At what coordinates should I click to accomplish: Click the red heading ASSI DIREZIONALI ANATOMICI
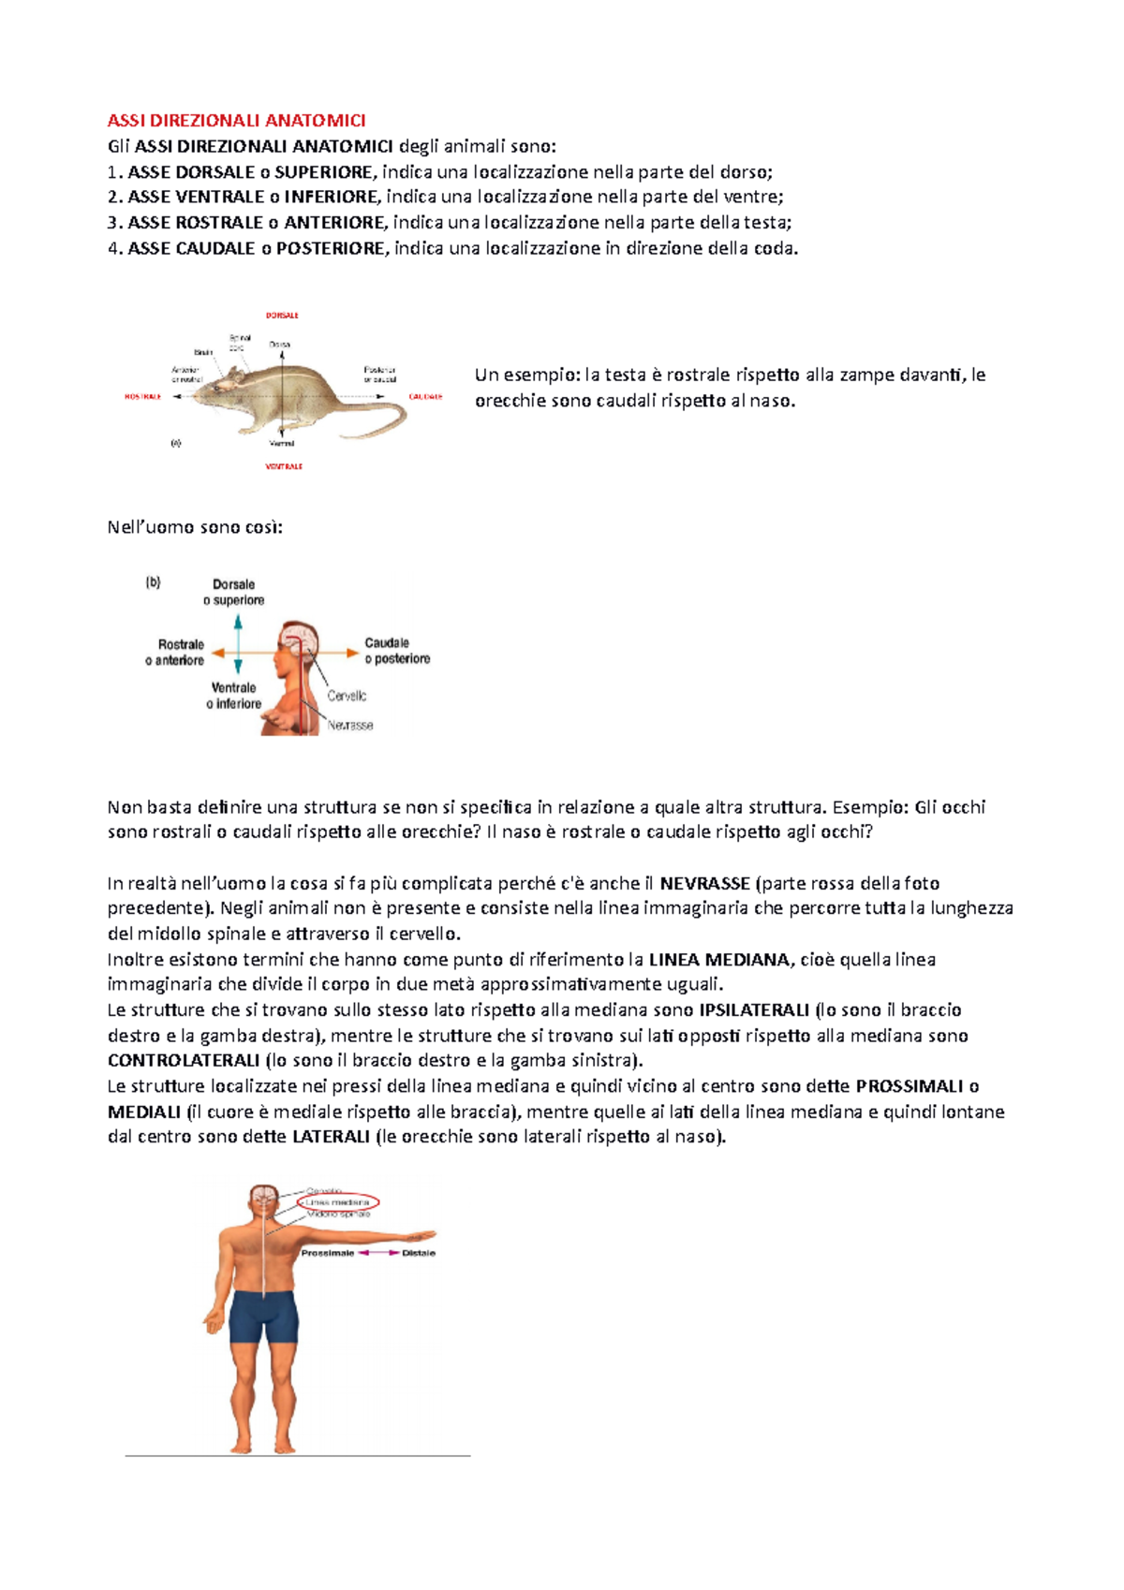tap(236, 121)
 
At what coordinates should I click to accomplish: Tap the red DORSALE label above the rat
tap(282, 316)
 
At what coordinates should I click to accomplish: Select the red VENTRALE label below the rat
tap(284, 466)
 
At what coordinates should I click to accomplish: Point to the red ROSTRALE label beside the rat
tap(142, 397)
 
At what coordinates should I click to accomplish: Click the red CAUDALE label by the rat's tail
tap(425, 397)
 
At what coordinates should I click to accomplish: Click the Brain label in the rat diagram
tap(203, 352)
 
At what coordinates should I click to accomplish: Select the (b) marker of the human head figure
tap(153, 582)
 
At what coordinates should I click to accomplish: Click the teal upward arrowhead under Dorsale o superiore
tap(238, 622)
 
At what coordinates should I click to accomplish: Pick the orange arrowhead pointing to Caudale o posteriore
tap(352, 651)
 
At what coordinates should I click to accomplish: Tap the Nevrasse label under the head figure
tap(350, 726)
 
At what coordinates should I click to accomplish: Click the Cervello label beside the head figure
tap(347, 696)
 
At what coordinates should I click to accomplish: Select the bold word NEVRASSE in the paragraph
tap(704, 883)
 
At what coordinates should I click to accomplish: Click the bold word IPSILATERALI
tap(754, 1010)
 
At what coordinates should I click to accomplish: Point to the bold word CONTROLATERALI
tap(184, 1061)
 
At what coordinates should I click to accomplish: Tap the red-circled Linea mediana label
tap(338, 1202)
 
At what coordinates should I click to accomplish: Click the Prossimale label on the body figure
tap(327, 1253)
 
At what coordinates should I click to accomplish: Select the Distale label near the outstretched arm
tap(419, 1253)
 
